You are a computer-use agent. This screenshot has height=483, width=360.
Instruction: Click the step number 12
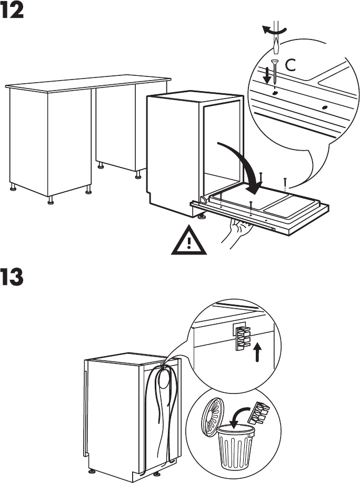tap(13, 12)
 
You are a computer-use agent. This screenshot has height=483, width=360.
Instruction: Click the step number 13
tap(13, 278)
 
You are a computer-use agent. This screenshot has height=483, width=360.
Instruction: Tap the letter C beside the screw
tap(291, 66)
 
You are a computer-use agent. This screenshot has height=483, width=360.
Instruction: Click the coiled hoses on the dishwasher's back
tap(163, 411)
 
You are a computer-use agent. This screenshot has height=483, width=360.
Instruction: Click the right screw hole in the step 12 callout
tap(324, 107)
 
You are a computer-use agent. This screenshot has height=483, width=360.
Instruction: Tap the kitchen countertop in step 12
tap(87, 84)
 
